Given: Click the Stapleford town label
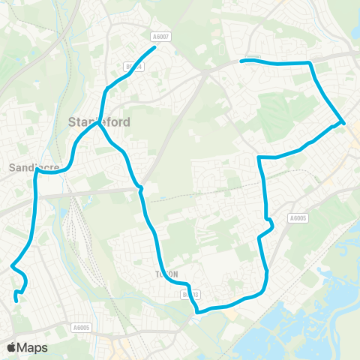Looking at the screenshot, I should [99, 121].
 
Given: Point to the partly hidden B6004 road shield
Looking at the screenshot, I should [135, 66].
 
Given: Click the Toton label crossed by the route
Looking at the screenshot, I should [167, 274].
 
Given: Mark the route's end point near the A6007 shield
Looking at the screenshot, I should [154, 48].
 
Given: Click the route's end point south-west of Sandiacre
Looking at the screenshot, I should [16, 301].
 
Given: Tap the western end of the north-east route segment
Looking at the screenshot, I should [241, 61].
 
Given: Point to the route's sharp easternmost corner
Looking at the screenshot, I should [343, 122].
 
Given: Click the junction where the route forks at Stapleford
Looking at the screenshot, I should [97, 125].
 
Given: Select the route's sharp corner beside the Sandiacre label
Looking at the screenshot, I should [36, 171].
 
